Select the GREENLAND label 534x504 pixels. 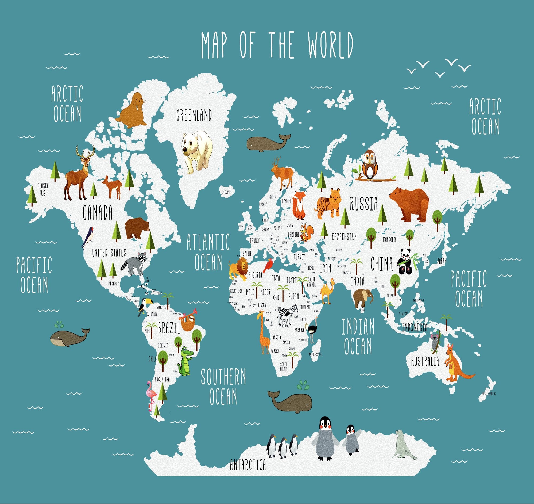click(194, 116)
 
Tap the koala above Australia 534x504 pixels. click(435, 341)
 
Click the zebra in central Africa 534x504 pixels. click(287, 313)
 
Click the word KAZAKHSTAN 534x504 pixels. click(344, 236)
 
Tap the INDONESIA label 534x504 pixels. click(415, 327)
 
